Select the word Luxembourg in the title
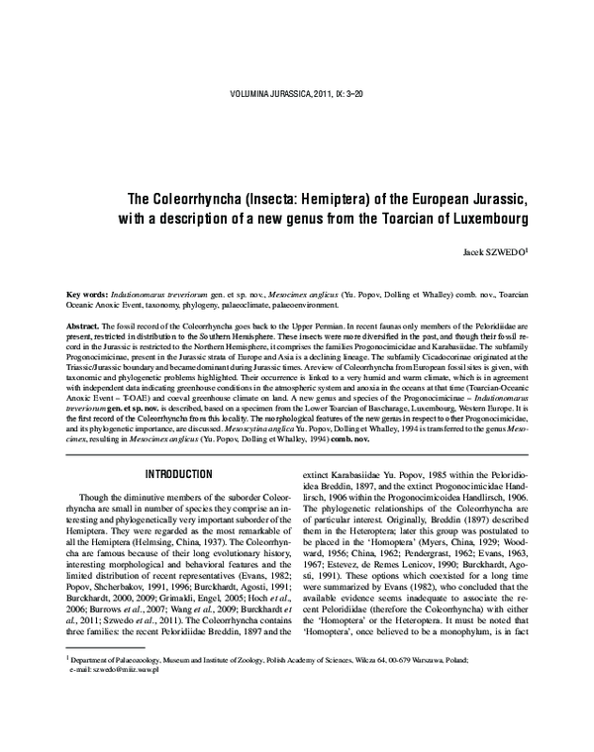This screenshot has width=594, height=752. point(481,216)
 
